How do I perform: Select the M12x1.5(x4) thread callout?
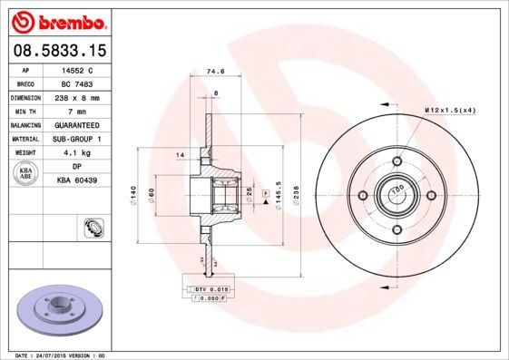coord(449,110)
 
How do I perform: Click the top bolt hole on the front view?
coord(396,162)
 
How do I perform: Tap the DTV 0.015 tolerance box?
coord(211,288)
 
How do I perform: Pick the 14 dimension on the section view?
coord(181,156)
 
